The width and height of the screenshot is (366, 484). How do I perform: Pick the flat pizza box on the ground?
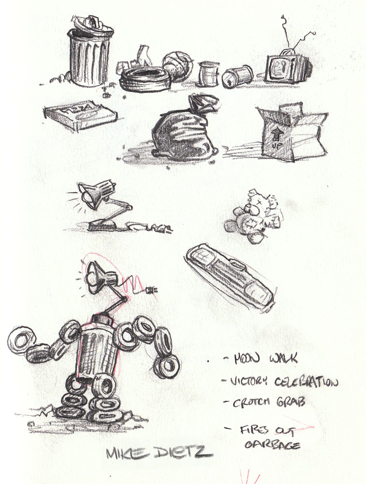(x=80, y=115)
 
